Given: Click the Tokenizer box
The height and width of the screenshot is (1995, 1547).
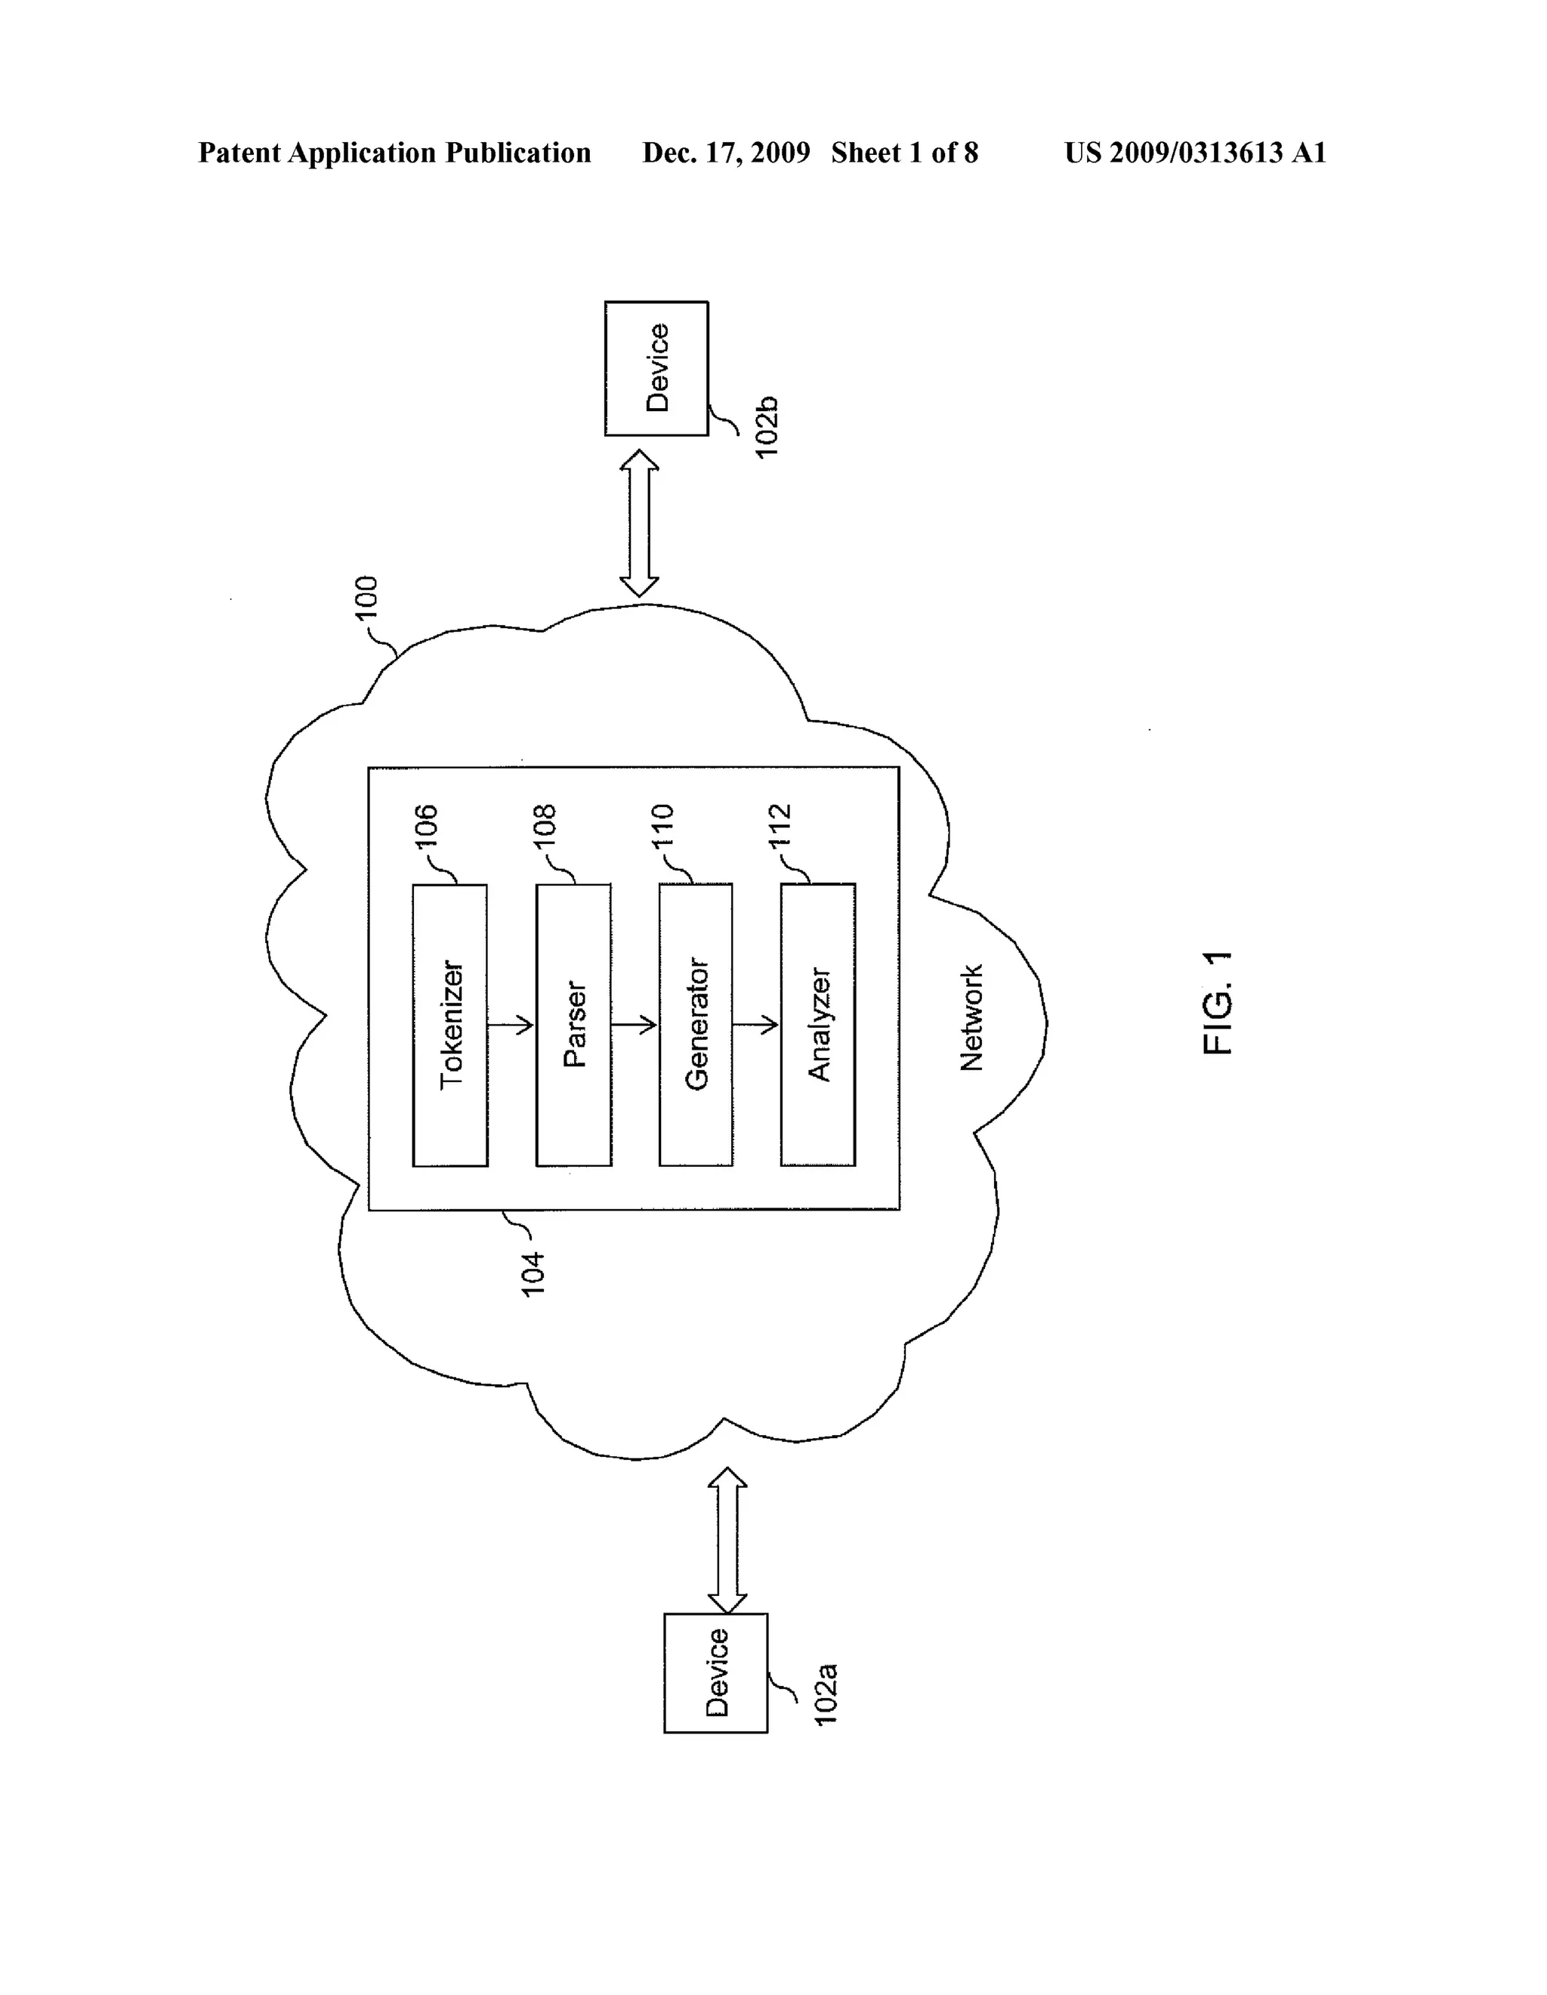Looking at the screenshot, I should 450,1025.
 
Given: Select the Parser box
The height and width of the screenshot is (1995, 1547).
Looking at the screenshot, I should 573,1025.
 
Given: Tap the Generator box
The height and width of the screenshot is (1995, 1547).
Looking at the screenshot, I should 696,1025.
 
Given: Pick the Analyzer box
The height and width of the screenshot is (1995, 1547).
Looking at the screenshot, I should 818,1025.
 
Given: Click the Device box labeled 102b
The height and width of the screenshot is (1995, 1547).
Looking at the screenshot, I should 656,368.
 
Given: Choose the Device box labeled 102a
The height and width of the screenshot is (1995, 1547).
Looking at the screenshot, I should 716,1672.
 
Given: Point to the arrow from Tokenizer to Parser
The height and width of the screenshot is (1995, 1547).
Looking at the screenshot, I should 511,1025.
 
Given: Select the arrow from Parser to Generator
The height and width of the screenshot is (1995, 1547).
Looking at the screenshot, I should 635,1025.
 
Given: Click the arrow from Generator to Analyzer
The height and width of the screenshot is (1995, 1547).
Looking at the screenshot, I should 756,1025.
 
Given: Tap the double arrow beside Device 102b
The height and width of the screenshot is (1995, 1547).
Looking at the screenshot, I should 639,524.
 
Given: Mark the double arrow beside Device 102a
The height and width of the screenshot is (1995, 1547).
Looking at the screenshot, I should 727,1541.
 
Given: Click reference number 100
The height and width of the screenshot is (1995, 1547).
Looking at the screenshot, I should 366,598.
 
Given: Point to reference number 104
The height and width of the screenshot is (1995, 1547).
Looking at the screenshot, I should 533,1273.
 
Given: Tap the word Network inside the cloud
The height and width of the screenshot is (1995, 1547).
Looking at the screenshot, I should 971,1018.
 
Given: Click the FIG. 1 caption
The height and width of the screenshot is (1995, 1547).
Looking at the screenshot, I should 1218,1003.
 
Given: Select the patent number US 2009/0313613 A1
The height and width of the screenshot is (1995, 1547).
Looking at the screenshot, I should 1194,153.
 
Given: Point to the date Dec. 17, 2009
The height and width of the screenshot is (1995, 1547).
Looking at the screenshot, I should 726,153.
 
